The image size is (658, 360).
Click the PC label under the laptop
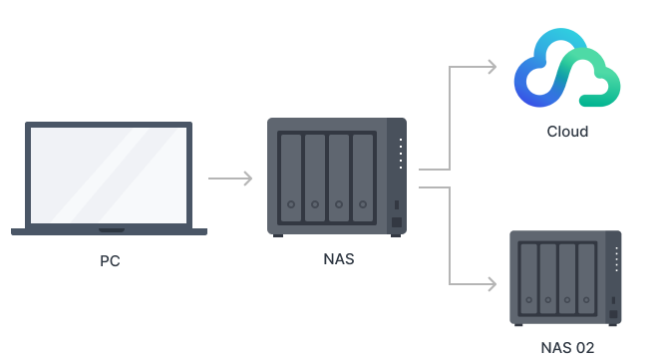pyautogui.click(x=110, y=261)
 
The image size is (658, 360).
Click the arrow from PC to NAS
pyautogui.click(x=230, y=179)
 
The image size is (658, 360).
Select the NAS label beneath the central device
pyautogui.click(x=339, y=259)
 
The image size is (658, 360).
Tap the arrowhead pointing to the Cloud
pyautogui.click(x=491, y=67)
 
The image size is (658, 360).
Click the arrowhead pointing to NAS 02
pyautogui.click(x=491, y=284)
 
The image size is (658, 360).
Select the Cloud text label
pyautogui.click(x=567, y=131)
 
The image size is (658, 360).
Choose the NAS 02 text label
pyautogui.click(x=567, y=347)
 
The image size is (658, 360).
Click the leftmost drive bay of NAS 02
pyautogui.click(x=525, y=275)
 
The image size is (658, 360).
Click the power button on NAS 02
pyautogui.click(x=614, y=314)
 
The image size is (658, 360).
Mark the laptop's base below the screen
pyautogui.click(x=110, y=231)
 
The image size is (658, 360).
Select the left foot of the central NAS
pyautogui.click(x=277, y=235)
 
